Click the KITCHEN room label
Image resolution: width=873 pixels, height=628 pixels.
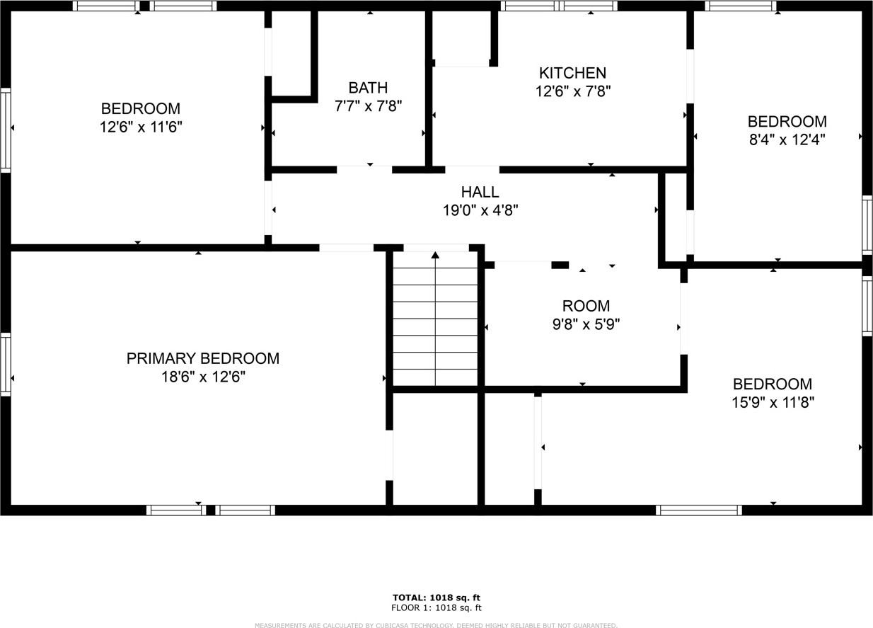(x=572, y=73)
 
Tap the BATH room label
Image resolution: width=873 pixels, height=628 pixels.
(x=368, y=88)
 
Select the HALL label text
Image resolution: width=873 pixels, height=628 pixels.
(x=480, y=192)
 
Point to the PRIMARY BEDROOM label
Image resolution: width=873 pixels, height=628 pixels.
(x=202, y=358)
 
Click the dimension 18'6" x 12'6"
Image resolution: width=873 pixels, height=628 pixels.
(x=202, y=377)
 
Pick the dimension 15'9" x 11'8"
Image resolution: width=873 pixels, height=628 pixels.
(x=773, y=403)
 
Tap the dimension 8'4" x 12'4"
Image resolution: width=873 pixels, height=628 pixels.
(x=787, y=139)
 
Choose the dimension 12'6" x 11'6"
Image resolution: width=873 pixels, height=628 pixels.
(x=140, y=127)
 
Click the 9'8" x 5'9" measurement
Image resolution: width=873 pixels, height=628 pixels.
(x=586, y=324)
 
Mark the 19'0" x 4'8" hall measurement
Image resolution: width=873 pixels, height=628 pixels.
(x=480, y=210)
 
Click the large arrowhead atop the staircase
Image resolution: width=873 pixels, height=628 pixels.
(x=435, y=255)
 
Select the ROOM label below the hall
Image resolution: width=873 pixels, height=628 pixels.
(x=586, y=306)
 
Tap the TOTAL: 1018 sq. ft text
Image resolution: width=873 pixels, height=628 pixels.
(x=436, y=598)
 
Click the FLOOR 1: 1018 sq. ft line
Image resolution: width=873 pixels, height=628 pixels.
(x=436, y=607)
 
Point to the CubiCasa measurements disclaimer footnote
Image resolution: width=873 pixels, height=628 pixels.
(x=436, y=625)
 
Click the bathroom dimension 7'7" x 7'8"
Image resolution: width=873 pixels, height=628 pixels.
(x=368, y=106)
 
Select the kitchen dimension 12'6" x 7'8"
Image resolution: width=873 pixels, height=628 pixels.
(x=572, y=91)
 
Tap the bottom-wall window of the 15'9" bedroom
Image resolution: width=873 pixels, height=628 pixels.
(x=698, y=510)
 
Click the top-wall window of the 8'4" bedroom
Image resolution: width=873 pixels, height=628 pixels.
(x=741, y=6)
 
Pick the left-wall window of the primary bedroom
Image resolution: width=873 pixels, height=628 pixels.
(x=6, y=364)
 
